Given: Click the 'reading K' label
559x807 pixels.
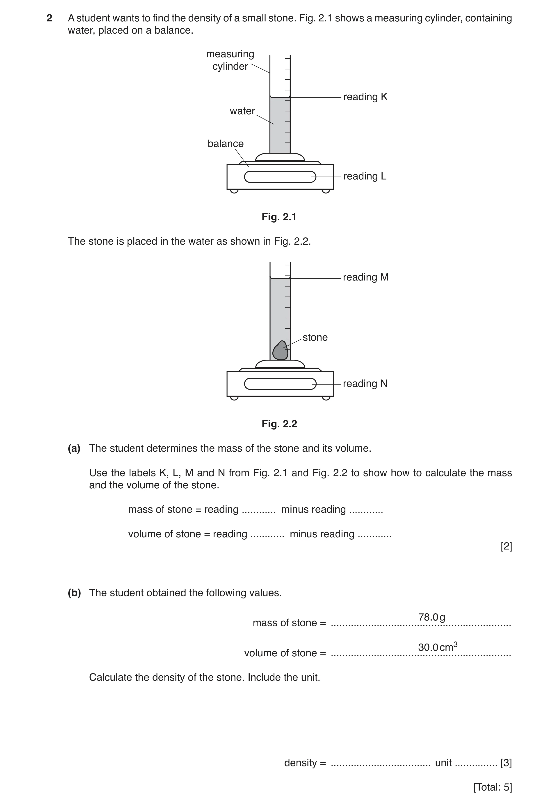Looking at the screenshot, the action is [x=365, y=97].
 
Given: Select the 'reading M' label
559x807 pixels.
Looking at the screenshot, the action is [x=366, y=277].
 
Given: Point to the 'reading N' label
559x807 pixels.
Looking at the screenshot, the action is [x=365, y=384].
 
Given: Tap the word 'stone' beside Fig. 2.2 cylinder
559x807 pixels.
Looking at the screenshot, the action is [x=315, y=338].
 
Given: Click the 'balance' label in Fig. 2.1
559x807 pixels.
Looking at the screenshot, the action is [x=226, y=144].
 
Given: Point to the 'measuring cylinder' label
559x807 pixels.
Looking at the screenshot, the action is [x=230, y=60].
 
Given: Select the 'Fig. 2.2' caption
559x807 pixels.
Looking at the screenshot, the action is [x=279, y=424].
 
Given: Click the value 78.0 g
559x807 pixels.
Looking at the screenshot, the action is [x=431, y=617].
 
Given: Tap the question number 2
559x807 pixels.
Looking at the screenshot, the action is [x=49, y=18].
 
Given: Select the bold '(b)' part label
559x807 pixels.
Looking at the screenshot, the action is [x=74, y=593].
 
